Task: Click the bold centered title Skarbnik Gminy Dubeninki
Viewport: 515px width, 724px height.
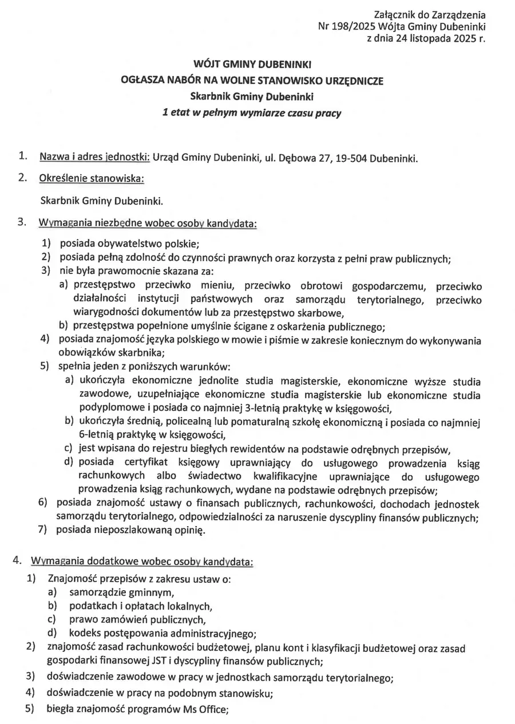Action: [252, 97]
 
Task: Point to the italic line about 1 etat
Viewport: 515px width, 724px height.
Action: [252, 113]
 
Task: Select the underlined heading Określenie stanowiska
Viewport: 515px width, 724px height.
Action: [92, 179]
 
